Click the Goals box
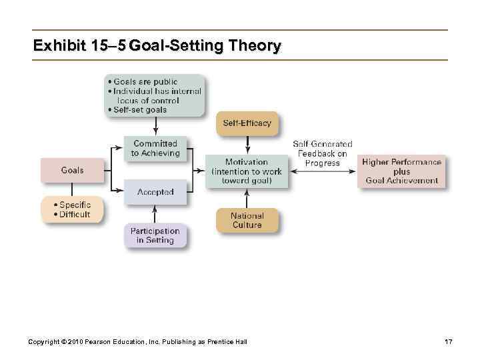point(73,170)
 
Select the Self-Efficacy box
point(247,123)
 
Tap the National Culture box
point(247,221)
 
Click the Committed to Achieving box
point(155,149)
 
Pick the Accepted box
point(155,192)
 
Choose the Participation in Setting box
point(155,236)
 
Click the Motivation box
point(247,171)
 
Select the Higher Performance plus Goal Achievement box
point(402,171)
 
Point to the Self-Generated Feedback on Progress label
point(323,153)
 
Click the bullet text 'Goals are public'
point(145,82)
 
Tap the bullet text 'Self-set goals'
point(140,110)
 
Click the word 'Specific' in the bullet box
point(75,205)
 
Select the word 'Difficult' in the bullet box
point(75,215)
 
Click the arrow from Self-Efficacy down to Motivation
point(247,145)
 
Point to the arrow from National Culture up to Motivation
point(247,198)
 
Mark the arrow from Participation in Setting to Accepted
point(155,214)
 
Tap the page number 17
point(448,342)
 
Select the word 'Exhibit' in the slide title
point(60,46)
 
